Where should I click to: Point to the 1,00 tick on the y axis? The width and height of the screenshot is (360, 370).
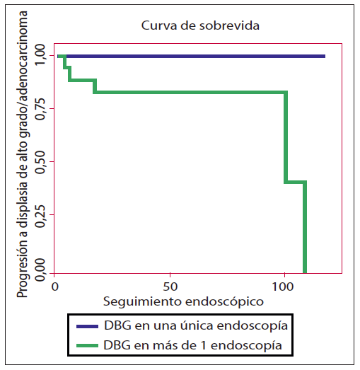(40, 55)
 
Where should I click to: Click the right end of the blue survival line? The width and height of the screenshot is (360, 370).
(325, 56)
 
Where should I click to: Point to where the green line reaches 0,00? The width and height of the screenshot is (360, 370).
(305, 271)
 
